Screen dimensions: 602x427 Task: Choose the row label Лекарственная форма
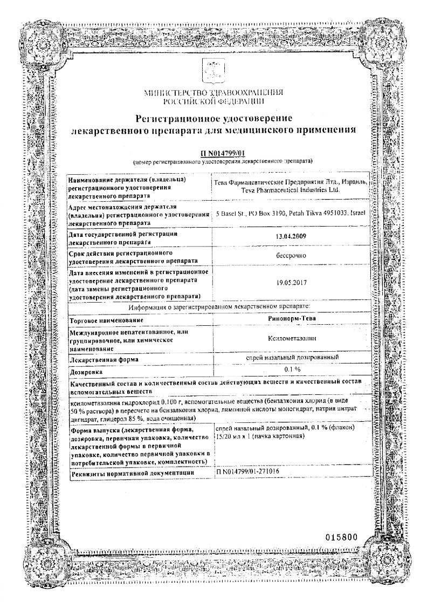[104, 359]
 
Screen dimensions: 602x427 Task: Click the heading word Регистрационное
[181, 118]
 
